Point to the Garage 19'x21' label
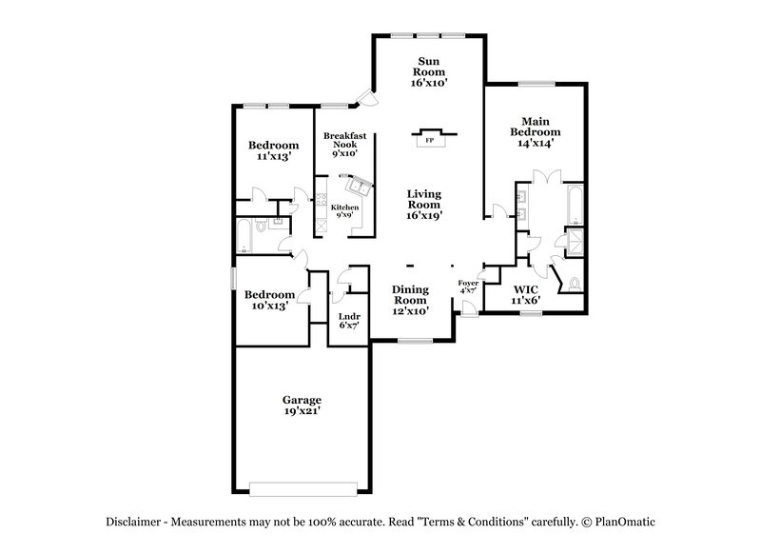coord(301,405)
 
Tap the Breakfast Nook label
coord(340,145)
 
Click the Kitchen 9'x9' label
coord(344,211)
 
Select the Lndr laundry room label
coord(348,320)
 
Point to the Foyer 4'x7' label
coord(468,287)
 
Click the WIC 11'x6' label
coord(526,293)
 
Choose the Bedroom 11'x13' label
coord(274,150)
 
